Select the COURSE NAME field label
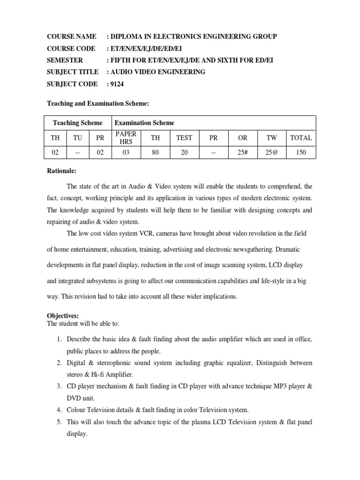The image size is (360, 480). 72,37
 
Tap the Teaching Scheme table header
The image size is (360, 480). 77,123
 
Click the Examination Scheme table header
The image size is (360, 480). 144,123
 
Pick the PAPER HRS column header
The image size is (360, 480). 126,138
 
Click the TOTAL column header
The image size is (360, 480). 301,138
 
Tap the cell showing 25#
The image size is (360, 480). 242,152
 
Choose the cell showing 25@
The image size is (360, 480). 271,152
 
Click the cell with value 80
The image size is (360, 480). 155,152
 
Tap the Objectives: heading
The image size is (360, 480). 63,316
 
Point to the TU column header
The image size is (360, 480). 77,138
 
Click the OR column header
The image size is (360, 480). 242,138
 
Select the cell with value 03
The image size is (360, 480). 126,152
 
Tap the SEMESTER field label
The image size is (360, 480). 65,60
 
